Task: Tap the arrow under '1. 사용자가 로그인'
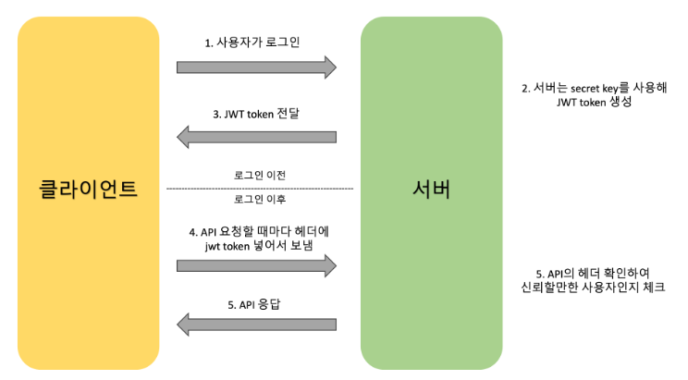[256, 67]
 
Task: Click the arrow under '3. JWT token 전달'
[256, 138]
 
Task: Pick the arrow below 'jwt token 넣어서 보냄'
[256, 266]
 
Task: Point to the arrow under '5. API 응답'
[256, 325]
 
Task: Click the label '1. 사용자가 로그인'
[252, 43]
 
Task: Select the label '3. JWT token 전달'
[257, 115]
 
